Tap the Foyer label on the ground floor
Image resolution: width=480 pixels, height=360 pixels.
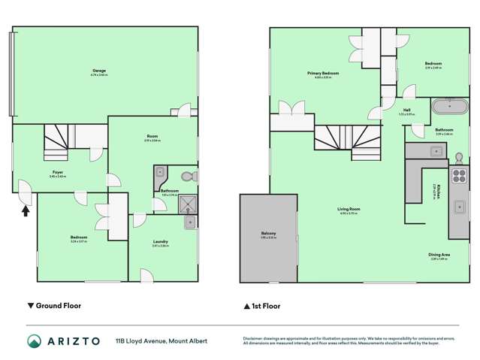[x=58, y=174]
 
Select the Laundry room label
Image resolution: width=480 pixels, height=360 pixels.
[x=160, y=243]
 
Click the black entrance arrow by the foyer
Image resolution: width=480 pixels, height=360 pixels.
[x=26, y=211]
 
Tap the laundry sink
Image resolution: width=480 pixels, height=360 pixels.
[x=189, y=222]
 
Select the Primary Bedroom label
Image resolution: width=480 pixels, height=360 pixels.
[x=323, y=74]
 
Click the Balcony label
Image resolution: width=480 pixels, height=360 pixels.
[x=269, y=234]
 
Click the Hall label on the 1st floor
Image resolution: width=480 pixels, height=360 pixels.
[x=406, y=110]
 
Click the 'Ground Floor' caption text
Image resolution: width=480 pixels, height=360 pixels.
[x=59, y=307]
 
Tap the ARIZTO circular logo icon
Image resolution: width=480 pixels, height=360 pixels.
[x=33, y=340]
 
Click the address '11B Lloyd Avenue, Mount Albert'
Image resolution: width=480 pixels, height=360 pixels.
[x=162, y=341]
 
